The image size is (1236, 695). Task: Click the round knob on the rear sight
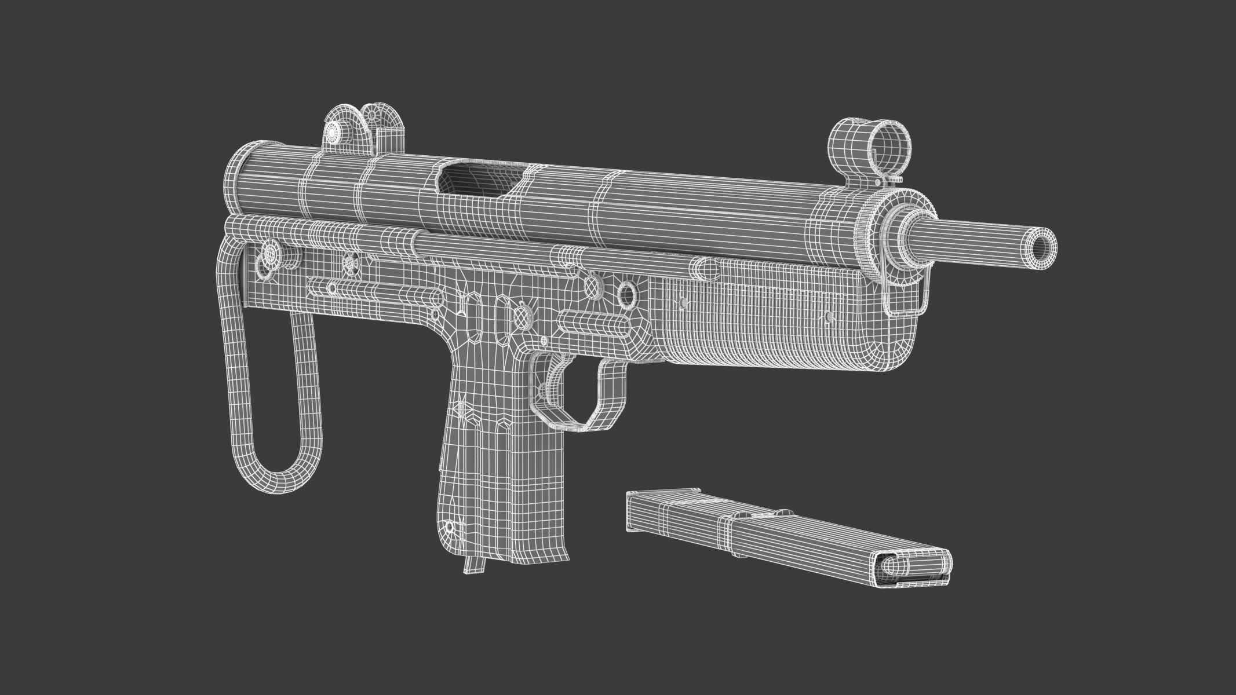332,132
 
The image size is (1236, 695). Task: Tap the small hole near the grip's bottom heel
449,527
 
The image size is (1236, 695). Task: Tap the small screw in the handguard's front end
830,316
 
